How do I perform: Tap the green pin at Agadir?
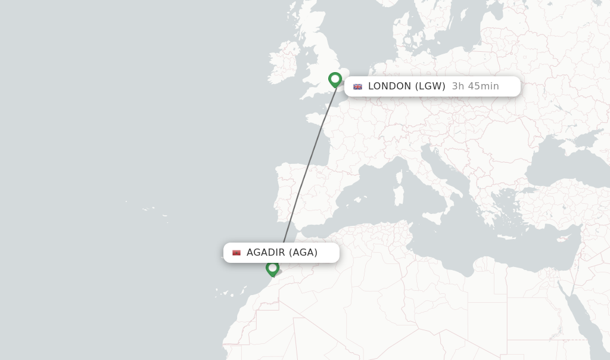pyautogui.click(x=272, y=268)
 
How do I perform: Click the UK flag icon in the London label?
pyautogui.click(x=357, y=86)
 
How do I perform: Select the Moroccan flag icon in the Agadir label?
pyautogui.click(x=236, y=253)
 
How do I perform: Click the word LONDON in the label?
pyautogui.click(x=390, y=86)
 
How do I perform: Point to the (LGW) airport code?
pyautogui.click(x=430, y=86)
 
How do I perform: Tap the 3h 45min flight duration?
pyautogui.click(x=475, y=86)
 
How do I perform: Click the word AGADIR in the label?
pyautogui.click(x=266, y=253)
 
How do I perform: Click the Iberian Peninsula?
pyautogui.click(x=298, y=191)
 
